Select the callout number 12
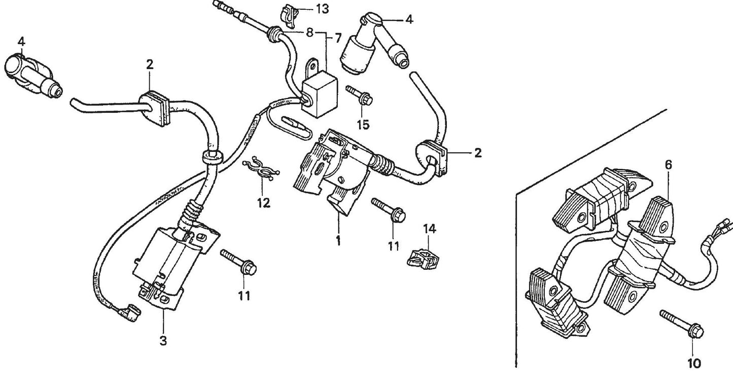click(263, 203)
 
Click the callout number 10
click(693, 363)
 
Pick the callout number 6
click(669, 165)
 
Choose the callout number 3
click(163, 341)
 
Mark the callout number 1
click(338, 241)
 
